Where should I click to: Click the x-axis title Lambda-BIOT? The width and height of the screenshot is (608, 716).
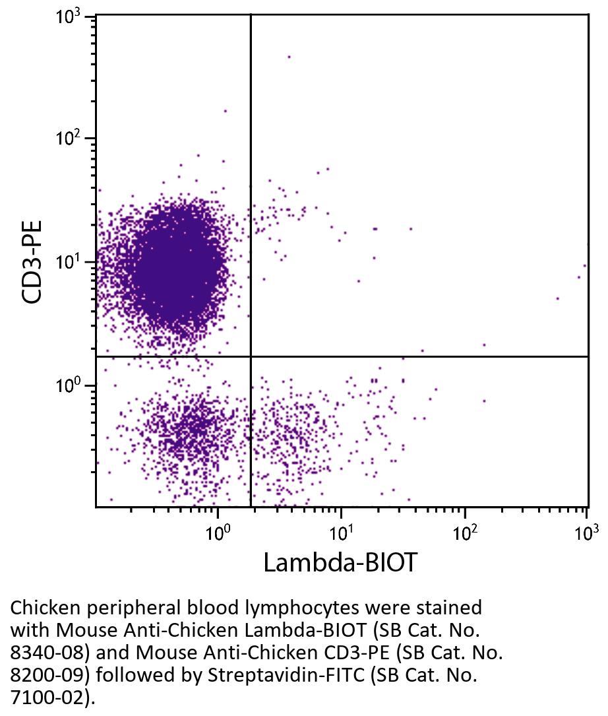pos(340,563)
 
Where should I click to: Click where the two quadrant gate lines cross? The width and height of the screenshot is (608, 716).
pos(251,356)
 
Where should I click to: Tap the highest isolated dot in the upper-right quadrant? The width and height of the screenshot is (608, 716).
pos(288,57)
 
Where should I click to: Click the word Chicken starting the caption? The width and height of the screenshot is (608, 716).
pos(42,607)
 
